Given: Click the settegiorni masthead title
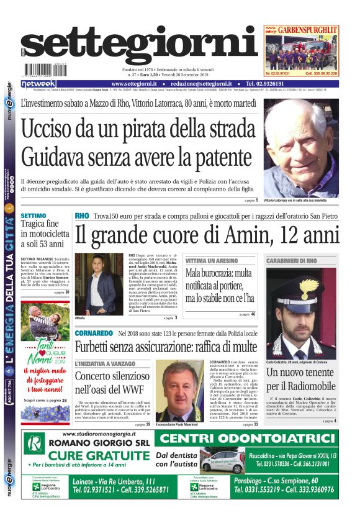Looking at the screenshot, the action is click(x=139, y=47).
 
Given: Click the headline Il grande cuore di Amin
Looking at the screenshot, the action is click(x=207, y=235).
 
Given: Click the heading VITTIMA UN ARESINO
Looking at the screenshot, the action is click(x=211, y=261).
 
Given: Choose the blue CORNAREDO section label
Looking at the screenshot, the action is click(x=94, y=334).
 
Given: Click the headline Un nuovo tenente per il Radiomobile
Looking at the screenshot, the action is click(x=302, y=380).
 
